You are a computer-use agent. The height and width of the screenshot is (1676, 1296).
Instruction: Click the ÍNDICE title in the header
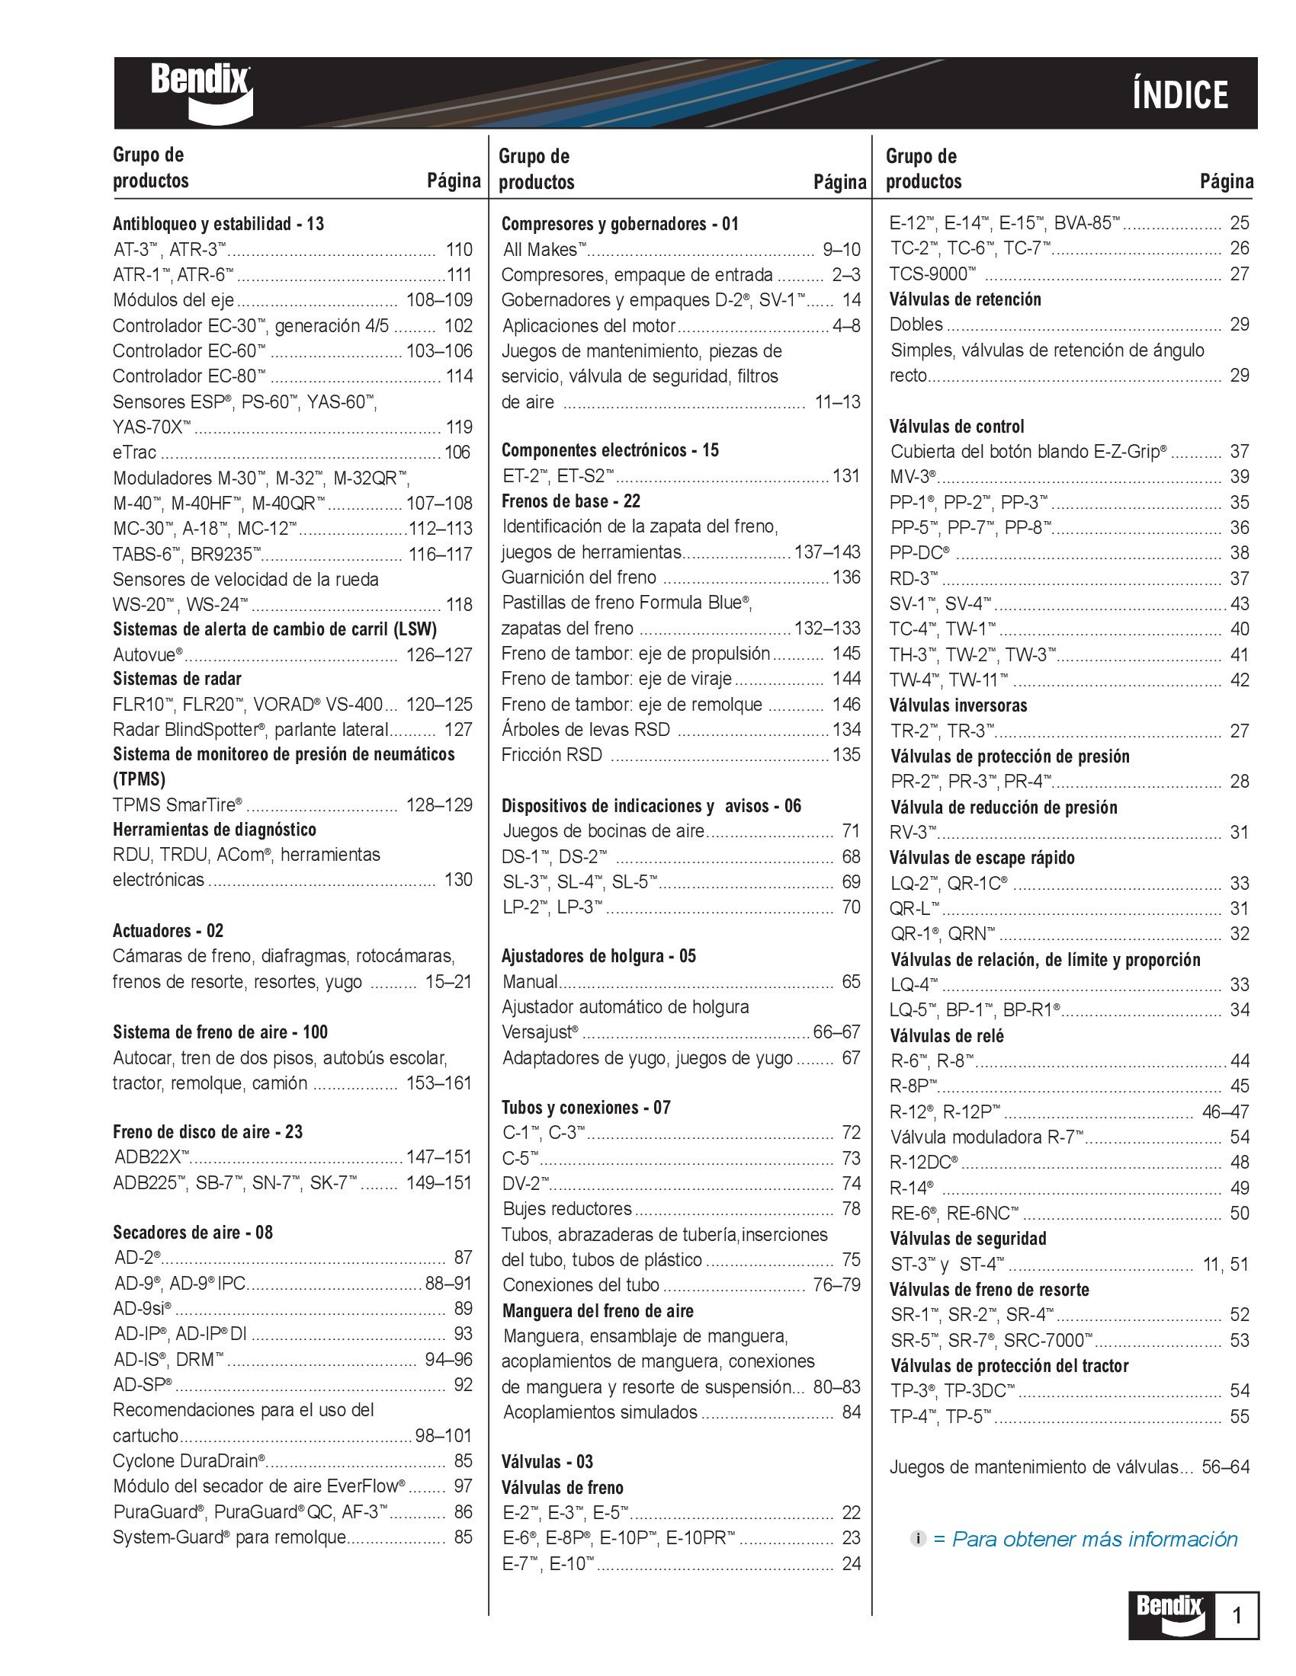click(x=1180, y=95)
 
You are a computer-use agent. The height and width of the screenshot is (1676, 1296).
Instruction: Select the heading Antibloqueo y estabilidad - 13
click(x=218, y=224)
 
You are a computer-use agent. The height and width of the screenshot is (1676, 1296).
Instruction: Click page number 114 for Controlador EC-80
click(x=459, y=376)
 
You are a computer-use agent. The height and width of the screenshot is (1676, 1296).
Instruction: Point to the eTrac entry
click(x=134, y=453)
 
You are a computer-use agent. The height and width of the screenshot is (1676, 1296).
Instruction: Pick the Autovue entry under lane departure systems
click(x=148, y=654)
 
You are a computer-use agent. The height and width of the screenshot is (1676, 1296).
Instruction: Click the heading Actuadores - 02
click(x=168, y=931)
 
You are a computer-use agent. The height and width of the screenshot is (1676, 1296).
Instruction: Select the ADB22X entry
click(x=151, y=1157)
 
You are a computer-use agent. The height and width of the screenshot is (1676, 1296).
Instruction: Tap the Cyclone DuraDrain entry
click(x=189, y=1460)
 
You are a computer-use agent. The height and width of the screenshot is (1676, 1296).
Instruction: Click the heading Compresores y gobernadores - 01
click(x=620, y=224)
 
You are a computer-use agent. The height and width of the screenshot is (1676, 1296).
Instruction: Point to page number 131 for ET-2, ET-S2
click(x=846, y=476)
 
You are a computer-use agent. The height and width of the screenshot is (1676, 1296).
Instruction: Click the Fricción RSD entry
click(x=551, y=754)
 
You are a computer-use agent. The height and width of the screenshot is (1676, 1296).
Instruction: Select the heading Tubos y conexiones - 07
click(x=585, y=1108)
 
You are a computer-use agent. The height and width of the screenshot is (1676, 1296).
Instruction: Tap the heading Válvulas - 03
click(x=547, y=1462)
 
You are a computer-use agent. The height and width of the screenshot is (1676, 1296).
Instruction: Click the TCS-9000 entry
click(x=933, y=274)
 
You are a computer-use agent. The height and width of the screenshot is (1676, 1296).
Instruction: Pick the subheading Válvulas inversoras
click(x=958, y=705)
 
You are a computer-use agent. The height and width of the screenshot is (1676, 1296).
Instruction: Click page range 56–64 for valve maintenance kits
click(x=1225, y=1467)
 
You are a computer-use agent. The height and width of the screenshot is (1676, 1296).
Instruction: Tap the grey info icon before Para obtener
click(x=919, y=1539)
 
